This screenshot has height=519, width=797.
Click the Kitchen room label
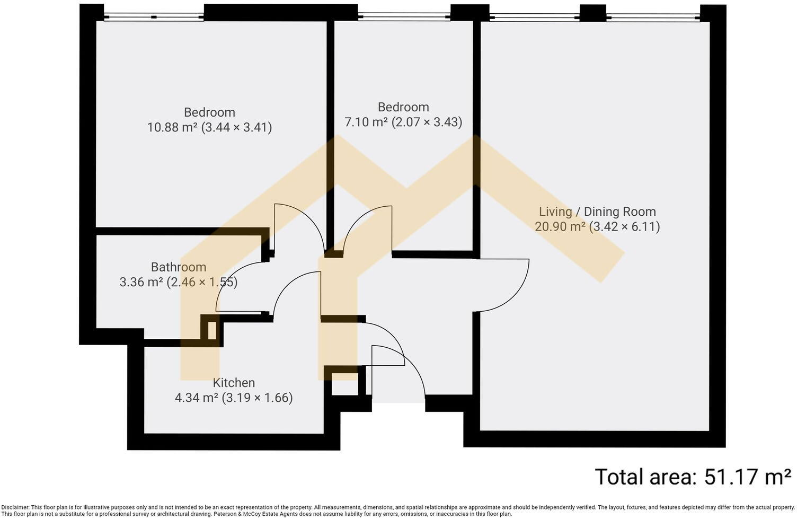[x=234, y=383]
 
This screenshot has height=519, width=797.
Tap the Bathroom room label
[x=179, y=267]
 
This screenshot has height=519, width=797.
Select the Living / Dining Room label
[x=597, y=212]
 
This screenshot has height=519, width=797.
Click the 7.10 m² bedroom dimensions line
[x=403, y=122]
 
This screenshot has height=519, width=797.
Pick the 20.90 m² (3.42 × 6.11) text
[x=597, y=226]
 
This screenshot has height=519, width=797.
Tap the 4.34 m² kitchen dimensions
[x=234, y=398]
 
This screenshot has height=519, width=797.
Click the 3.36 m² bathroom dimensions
[x=179, y=282]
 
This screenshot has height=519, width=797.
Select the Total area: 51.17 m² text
[x=693, y=477]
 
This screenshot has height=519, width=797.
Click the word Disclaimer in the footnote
[x=15, y=507]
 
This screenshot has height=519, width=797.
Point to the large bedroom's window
[x=154, y=17]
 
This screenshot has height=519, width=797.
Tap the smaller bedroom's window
[x=404, y=16]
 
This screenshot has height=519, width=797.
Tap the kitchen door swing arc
[x=286, y=285]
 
